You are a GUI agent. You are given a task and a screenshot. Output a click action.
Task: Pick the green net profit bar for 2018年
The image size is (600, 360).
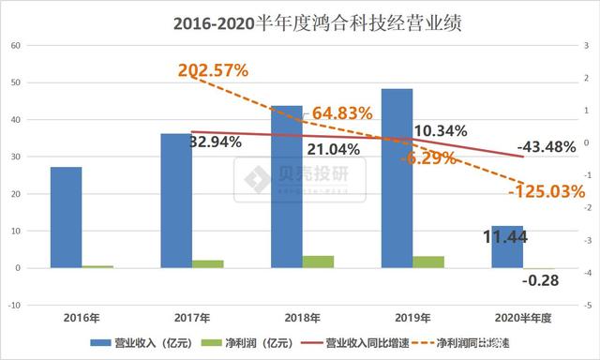pyautogui.click(x=318, y=262)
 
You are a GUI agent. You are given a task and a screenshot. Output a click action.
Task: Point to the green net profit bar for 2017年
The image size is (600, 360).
pyautogui.click(x=207, y=263)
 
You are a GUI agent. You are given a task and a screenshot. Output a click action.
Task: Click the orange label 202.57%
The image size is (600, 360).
pyautogui.click(x=212, y=70)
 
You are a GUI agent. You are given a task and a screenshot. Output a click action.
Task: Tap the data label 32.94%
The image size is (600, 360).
pyautogui.click(x=216, y=142)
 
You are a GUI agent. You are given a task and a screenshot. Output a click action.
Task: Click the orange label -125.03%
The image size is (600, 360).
pyautogui.click(x=546, y=191)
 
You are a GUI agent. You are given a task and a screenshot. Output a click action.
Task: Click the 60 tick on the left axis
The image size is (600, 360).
pyautogui.click(x=14, y=44)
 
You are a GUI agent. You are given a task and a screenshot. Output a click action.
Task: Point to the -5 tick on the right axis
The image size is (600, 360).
pyautogui.click(x=586, y=306)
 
